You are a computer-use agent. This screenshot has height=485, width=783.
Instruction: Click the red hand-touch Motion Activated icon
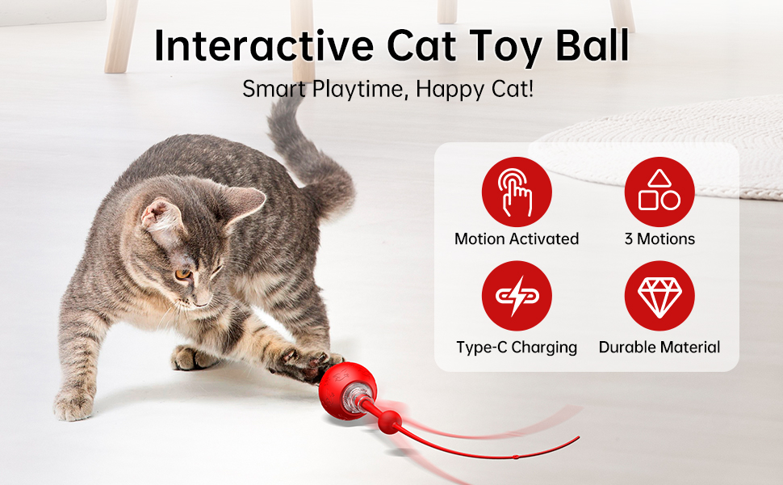point(517,192)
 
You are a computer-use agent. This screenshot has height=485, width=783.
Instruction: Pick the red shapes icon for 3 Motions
point(659,192)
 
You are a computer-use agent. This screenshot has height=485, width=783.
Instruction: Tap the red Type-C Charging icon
point(517,296)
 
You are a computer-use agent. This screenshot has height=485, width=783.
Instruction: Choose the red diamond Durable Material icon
point(659,296)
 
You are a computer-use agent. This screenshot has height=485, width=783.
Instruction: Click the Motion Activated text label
point(517,238)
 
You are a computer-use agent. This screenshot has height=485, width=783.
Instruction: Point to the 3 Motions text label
point(659,238)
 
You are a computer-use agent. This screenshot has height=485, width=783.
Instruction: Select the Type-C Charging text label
point(517,348)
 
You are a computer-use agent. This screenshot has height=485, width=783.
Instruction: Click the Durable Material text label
point(659,348)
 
